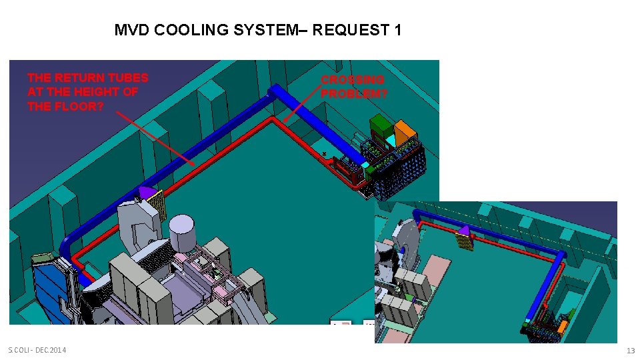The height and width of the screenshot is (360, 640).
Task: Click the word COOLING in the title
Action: coord(191,30)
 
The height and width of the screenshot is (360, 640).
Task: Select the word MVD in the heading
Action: coord(131,30)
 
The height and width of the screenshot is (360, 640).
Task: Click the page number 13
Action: coord(631,350)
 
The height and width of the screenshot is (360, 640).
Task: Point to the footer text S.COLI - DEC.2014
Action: coord(37,350)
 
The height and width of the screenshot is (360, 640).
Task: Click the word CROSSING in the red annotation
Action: coord(352,79)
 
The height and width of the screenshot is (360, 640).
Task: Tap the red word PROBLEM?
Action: coord(353,93)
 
